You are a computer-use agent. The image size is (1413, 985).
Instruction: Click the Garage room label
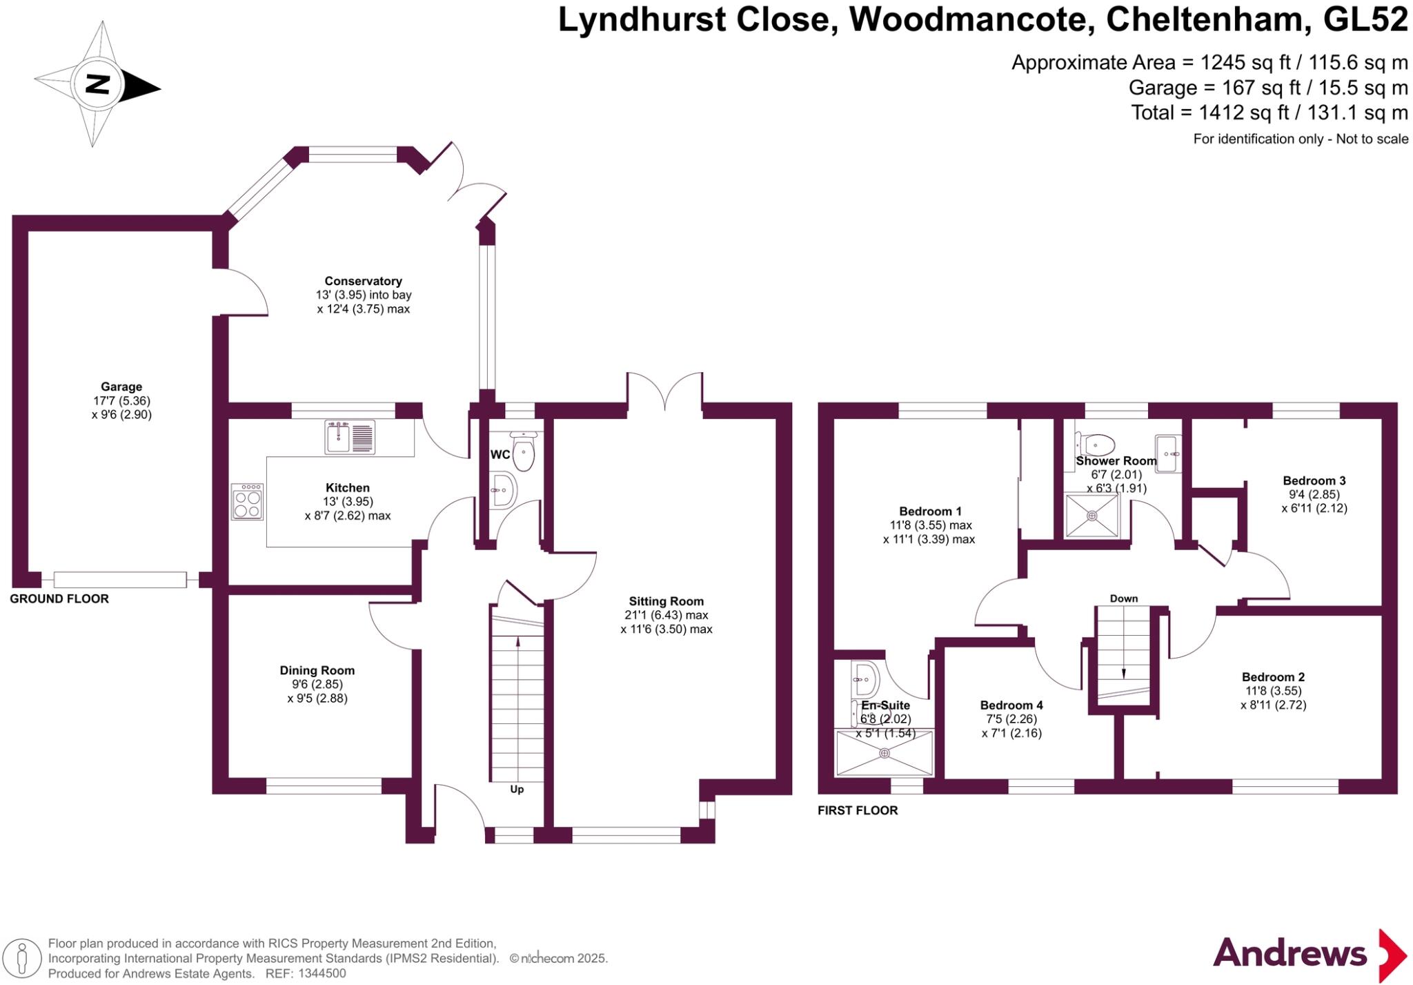point(121,387)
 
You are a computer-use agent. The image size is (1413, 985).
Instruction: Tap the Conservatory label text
point(363,281)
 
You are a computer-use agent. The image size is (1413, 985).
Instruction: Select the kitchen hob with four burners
point(248,502)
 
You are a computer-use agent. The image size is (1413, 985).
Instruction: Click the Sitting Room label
point(666,601)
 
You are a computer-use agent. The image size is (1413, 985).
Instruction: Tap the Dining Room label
point(317,670)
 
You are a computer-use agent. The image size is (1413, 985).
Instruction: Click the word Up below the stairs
point(517,789)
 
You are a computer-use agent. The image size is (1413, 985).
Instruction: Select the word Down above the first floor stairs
point(1124,598)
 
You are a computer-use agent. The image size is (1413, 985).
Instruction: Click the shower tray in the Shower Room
point(1092,515)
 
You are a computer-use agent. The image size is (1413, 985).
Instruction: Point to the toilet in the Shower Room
point(1096,444)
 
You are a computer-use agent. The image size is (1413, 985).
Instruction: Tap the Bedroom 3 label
point(1314,480)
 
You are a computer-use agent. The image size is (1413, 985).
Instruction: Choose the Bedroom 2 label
point(1273,677)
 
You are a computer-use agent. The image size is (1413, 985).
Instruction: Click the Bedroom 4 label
point(1011,705)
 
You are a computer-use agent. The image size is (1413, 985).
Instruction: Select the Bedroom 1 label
point(930,511)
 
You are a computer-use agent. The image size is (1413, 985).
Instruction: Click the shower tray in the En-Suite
point(885,754)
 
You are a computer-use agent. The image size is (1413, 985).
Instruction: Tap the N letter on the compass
point(98,85)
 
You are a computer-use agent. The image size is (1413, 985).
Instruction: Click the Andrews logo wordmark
point(1290,953)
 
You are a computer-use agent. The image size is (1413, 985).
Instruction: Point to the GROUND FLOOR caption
point(59,598)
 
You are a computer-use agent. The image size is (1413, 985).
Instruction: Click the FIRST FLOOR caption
point(858,810)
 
